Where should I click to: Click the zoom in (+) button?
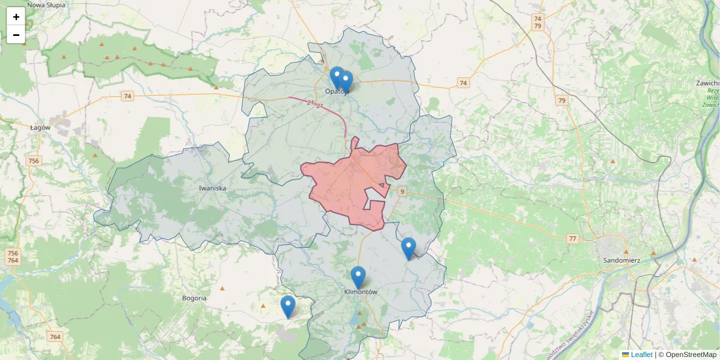pos(16,17)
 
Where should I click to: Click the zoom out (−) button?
pos(16,35)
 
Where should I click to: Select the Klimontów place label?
pos(361,292)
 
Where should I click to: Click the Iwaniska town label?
pos(212,188)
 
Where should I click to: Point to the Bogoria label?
pos(194,298)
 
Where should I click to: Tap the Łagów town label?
pos(40,127)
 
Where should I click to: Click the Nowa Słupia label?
pos(47,5)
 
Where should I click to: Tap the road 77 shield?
pos(573,239)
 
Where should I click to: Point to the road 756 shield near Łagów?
pos(34,161)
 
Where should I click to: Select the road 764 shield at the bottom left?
pos(55,337)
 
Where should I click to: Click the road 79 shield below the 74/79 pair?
pos(562,100)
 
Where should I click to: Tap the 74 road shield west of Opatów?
pos(127,96)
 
